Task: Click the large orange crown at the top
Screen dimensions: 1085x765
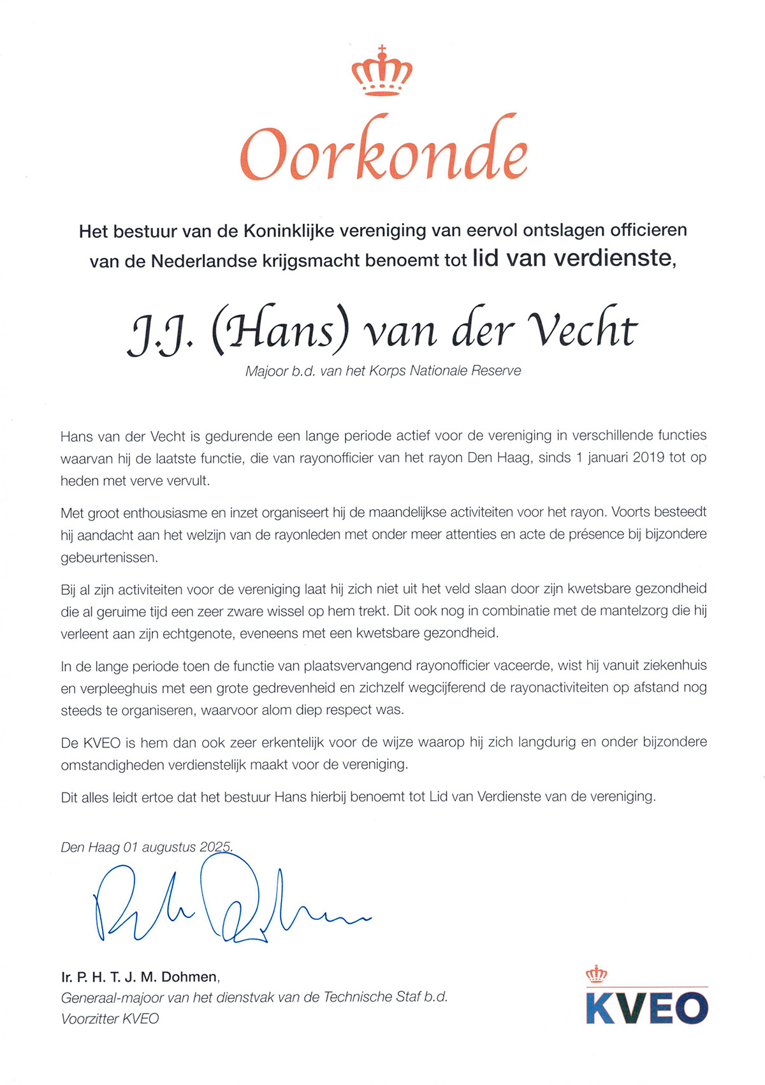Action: (382, 71)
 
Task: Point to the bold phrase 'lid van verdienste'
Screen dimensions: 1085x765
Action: (572, 258)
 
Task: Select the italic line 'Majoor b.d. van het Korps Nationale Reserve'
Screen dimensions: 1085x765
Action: (383, 370)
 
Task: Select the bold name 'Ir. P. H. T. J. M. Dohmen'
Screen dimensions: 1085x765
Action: (140, 977)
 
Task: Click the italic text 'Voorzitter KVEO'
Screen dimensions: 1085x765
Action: (110, 1019)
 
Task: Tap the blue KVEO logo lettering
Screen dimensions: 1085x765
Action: (646, 1009)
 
